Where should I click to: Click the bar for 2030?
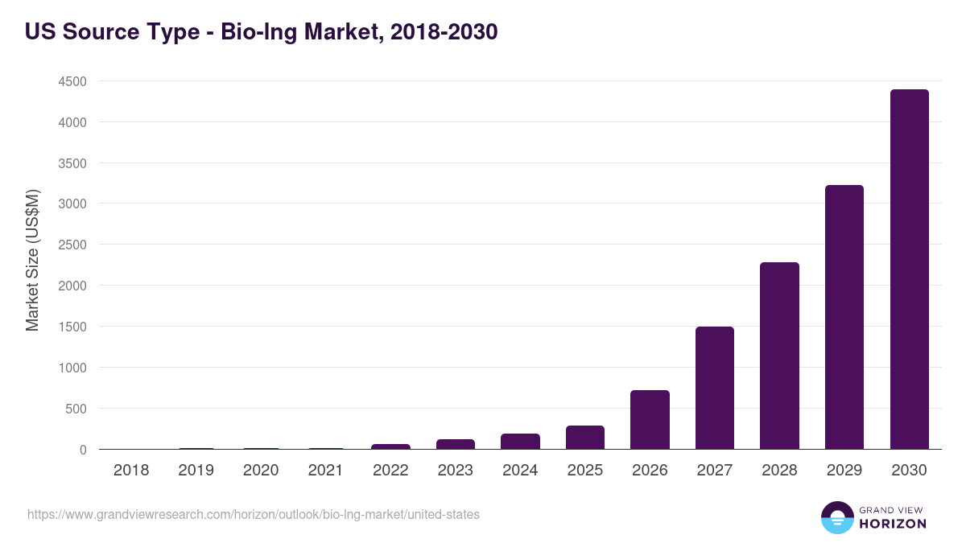909,269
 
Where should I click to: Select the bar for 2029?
844,317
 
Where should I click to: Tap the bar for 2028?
779,356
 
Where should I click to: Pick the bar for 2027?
714,388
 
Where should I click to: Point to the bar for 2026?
650,419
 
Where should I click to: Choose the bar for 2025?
584,437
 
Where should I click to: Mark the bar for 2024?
520,441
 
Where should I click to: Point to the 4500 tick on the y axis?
72,82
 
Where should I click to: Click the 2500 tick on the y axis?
72,245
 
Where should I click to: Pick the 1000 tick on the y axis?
72,368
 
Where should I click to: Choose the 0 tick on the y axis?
82,450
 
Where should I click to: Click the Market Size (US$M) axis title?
32,261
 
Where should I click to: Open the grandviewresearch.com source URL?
254,514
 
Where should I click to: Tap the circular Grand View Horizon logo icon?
836,517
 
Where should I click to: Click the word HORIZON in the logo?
893,524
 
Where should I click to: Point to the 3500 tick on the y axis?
72,163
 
